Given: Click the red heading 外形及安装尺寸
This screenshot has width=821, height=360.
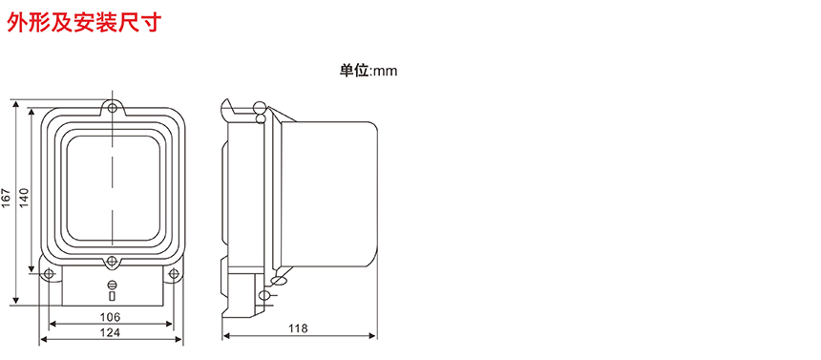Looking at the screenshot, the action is click(83, 22).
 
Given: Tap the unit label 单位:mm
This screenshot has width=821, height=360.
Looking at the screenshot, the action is click(368, 71).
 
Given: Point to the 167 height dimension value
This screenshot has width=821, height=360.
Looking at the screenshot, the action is click(6, 198).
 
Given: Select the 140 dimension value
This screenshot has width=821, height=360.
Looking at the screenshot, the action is click(24, 197).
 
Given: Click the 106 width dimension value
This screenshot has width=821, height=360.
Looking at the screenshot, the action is click(110, 317).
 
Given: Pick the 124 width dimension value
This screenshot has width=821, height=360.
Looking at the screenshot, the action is click(110, 332).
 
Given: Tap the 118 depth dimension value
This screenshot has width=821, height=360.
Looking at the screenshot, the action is click(298, 328).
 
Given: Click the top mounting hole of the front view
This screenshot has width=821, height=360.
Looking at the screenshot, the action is click(112, 108).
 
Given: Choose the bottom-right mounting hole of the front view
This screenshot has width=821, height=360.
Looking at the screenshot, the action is click(174, 273).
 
